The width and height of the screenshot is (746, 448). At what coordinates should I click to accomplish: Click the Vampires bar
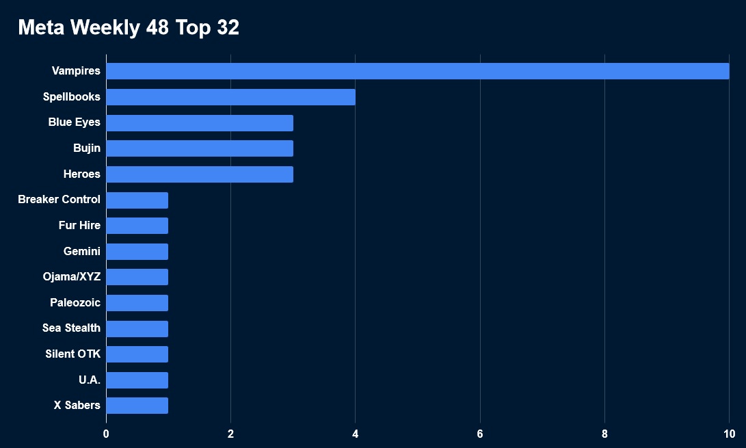pos(417,71)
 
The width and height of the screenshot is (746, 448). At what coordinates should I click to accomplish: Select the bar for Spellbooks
pos(230,97)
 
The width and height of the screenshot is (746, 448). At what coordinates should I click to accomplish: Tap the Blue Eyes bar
pos(199,123)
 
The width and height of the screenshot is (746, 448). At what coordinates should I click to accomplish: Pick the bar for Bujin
pos(199,148)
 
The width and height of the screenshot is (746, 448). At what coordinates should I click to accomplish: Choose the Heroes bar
pos(199,174)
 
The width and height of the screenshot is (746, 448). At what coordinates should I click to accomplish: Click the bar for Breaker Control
pos(137,200)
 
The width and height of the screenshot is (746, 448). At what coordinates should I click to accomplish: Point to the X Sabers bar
pos(137,406)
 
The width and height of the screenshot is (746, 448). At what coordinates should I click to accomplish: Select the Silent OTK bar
pos(137,354)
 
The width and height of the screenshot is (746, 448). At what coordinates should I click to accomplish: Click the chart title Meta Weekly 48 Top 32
pos(129,27)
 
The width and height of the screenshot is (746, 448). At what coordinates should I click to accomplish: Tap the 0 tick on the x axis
pos(106,434)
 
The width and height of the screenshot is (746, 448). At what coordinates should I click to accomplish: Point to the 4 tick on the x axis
pos(355,434)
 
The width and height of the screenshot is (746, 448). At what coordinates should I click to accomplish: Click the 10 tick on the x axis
pos(728,434)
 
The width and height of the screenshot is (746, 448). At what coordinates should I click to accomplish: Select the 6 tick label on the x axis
pos(480,434)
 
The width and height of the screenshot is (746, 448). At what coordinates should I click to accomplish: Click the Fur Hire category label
pos(79,226)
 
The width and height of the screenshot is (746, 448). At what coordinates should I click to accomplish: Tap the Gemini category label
pos(81,251)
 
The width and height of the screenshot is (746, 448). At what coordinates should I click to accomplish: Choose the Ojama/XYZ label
pos(71,277)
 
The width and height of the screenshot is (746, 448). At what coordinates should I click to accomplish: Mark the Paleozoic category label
pos(75,302)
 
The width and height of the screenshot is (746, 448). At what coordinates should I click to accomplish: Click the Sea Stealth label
pos(71,328)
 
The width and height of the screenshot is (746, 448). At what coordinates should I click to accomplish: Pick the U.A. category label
pos(89,380)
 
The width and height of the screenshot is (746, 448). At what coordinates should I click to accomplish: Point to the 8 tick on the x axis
pos(604,434)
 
